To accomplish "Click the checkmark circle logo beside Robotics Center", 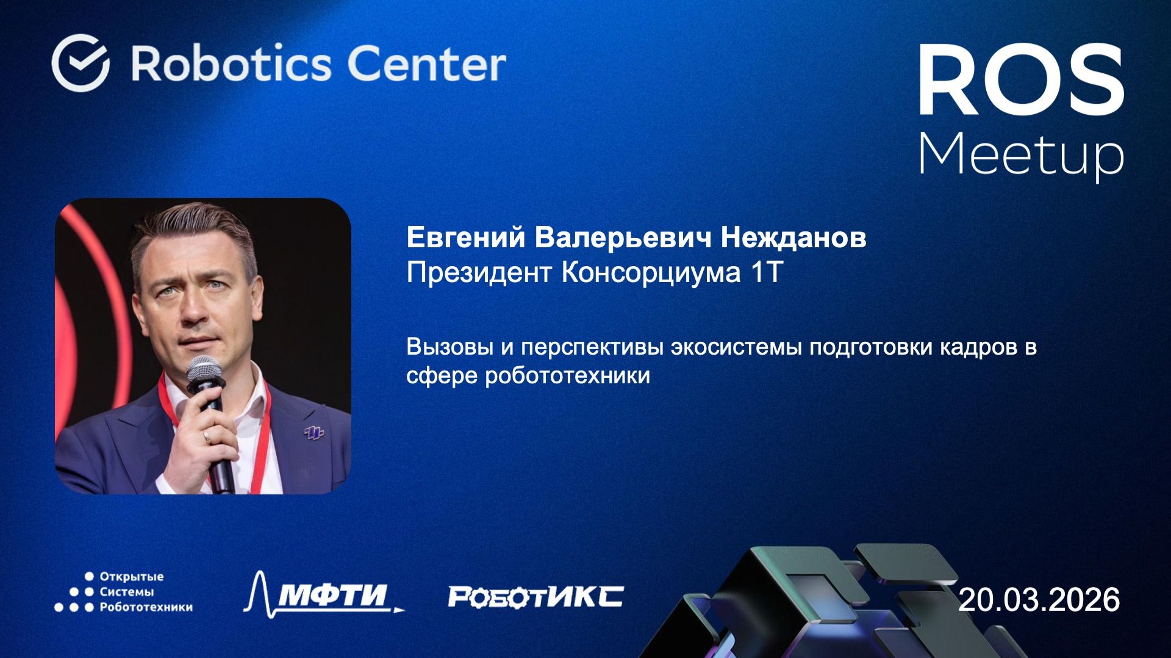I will [81, 63].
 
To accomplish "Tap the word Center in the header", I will [426, 63].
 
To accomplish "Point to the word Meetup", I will [1021, 154].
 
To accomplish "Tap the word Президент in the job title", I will [479, 272].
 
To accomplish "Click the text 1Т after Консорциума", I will [766, 272].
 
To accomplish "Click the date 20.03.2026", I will [1039, 599].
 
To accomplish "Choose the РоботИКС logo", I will [535, 596].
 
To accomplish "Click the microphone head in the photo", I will [204, 371].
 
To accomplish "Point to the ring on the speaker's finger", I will [207, 436].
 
